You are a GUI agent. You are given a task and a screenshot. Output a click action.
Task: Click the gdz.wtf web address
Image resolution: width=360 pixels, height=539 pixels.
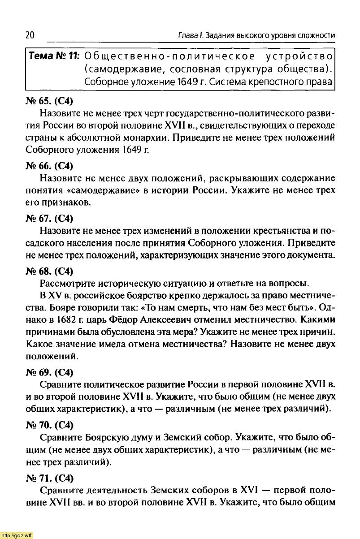(x=17, y=535)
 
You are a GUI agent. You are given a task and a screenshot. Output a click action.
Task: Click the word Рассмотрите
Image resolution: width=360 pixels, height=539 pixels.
(x=66, y=284)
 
